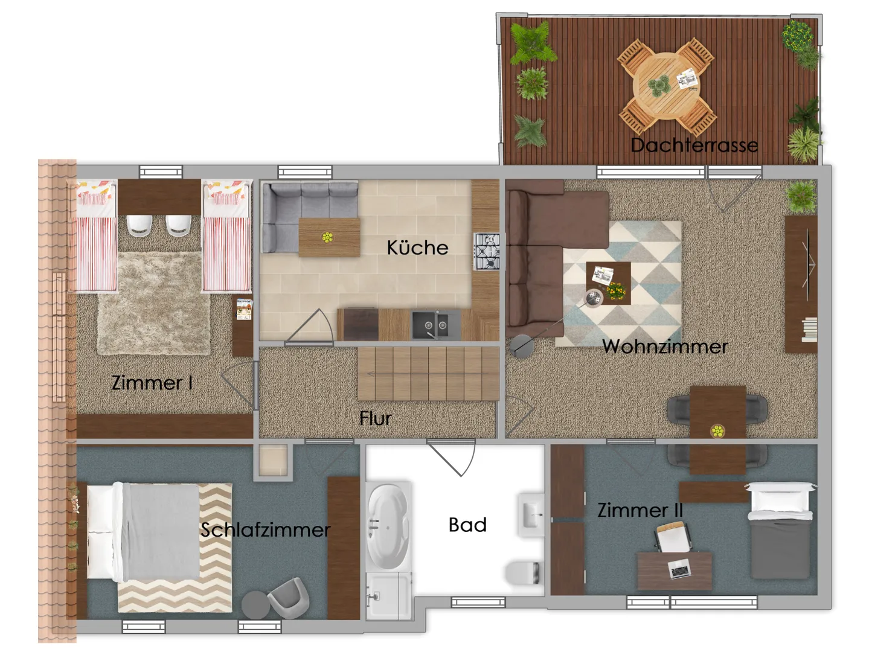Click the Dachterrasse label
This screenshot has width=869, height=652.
pyautogui.click(x=694, y=145)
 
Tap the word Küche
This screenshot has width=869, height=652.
pyautogui.click(x=417, y=248)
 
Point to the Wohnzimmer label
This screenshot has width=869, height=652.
pyautogui.click(x=665, y=347)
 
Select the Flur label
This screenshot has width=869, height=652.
pyautogui.click(x=375, y=418)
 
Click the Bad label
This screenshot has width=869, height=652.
pyautogui.click(x=467, y=525)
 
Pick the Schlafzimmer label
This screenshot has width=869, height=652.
pyautogui.click(x=265, y=529)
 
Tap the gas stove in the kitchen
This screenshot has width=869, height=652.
pyautogui.click(x=487, y=252)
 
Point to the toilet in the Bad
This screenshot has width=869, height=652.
pyautogui.click(x=522, y=572)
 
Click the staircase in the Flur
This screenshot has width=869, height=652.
pyautogui.click(x=428, y=374)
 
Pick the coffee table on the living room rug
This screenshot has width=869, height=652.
pyautogui.click(x=609, y=283)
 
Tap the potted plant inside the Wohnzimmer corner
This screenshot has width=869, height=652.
pyautogui.click(x=801, y=197)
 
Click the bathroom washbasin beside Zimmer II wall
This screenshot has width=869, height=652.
pyautogui.click(x=531, y=515)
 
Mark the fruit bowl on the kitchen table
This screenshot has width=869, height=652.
pyautogui.click(x=327, y=237)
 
